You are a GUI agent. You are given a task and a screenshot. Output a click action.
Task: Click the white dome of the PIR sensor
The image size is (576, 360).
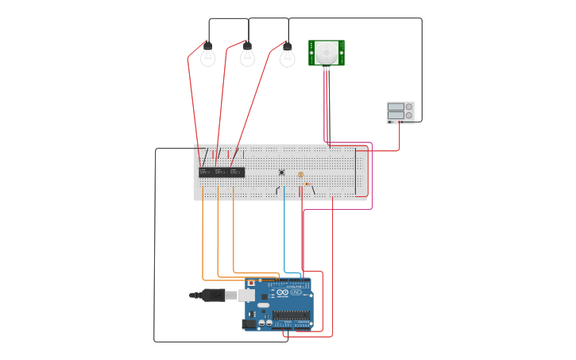click(x=326, y=53)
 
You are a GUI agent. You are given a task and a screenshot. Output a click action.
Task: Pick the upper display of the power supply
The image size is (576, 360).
click(x=396, y=106)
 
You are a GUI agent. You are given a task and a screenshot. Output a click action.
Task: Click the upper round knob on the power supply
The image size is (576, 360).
click(x=409, y=106)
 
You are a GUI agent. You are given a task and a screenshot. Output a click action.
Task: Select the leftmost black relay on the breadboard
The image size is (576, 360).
click(x=206, y=172)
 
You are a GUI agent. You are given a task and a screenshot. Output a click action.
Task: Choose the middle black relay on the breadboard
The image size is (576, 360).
click(x=222, y=172)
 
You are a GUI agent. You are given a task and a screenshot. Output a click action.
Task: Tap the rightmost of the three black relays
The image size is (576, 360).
click(x=238, y=172)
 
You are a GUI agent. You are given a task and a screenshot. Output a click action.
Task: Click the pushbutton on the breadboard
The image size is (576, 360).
click(x=281, y=172)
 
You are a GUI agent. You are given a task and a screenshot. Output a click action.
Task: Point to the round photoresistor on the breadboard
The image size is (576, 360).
click(x=300, y=175)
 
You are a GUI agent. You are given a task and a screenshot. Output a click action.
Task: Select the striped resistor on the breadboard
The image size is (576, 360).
click(x=307, y=184)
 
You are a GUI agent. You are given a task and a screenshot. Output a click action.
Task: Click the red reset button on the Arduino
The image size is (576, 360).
click(x=251, y=283)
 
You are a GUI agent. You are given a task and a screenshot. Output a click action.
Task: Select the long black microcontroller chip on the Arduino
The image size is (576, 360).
click(x=292, y=315)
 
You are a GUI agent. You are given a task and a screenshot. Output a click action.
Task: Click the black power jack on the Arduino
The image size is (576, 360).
click(x=249, y=323)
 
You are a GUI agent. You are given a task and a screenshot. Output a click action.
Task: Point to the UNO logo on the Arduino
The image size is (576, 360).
click(x=296, y=292)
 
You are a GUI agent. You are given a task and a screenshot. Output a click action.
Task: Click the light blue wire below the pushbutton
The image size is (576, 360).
click(x=284, y=230)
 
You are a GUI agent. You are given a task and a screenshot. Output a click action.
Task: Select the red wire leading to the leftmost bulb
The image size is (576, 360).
click(x=191, y=95)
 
